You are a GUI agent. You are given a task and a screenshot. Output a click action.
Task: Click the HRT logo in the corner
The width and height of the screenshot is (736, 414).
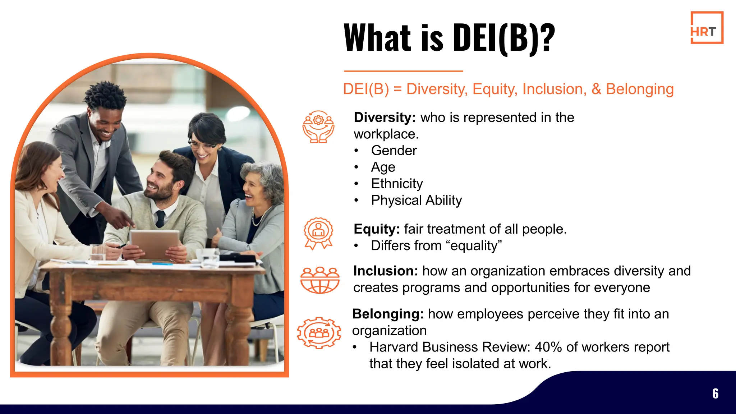pos(707,28)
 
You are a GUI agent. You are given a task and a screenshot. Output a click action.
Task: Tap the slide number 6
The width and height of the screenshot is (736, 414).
pos(715,394)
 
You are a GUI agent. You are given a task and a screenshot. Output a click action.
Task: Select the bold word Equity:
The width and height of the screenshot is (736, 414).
pos(376,229)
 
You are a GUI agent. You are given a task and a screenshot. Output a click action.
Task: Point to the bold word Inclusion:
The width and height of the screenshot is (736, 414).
pos(385,271)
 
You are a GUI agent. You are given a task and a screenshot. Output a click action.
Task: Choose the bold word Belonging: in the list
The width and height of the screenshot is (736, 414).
pos(387,314)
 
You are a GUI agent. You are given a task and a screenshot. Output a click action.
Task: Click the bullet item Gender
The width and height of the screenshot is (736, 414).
pos(394,151)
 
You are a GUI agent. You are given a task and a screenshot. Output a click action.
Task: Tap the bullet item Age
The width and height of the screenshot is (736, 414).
pos(383,167)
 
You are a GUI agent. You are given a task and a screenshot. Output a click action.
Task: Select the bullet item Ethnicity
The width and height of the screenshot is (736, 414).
pos(397,184)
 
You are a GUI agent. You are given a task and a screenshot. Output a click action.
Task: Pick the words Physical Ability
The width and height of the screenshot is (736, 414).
pos(416,200)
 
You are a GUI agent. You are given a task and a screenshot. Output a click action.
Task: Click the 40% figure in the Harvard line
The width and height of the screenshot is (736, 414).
pos(548,347)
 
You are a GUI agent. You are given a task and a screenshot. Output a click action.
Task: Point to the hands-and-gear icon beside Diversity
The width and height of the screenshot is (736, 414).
pos(318,126)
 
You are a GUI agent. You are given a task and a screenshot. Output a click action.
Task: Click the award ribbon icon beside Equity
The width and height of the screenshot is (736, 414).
pos(318,233)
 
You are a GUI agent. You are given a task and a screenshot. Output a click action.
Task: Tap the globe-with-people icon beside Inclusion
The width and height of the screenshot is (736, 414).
pos(319,280)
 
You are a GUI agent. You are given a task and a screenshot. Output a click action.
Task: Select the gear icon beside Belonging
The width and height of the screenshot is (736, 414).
pos(319,333)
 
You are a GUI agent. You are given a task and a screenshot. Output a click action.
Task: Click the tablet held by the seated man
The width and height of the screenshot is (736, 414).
pos(155,244)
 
